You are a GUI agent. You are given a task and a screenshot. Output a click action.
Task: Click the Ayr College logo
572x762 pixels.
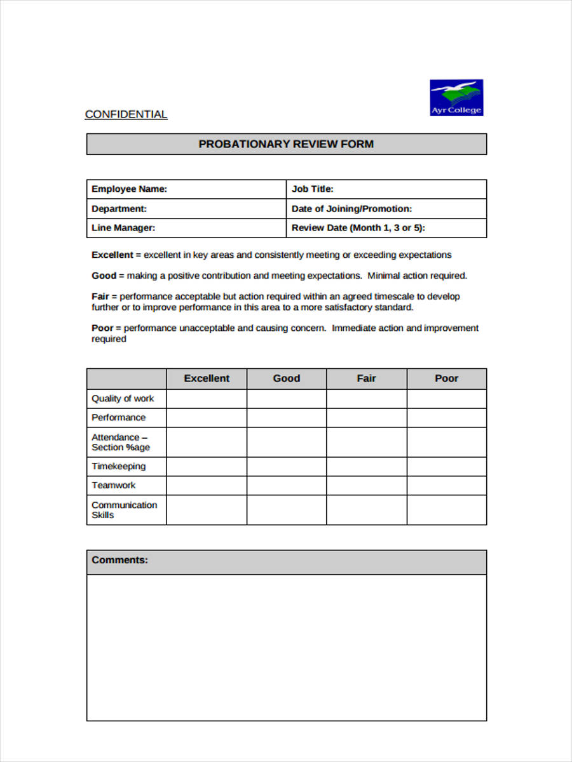(x=456, y=97)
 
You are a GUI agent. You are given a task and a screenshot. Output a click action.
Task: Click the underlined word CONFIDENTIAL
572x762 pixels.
(x=126, y=114)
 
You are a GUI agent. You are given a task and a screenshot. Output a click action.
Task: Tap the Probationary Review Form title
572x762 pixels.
(x=286, y=144)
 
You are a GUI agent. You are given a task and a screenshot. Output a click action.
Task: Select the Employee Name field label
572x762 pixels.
(x=129, y=189)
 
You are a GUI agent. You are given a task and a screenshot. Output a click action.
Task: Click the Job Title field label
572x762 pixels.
(x=312, y=189)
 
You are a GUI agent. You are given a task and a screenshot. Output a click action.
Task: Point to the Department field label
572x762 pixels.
(x=119, y=209)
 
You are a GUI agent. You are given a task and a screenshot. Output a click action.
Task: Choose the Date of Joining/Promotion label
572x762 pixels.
(x=351, y=209)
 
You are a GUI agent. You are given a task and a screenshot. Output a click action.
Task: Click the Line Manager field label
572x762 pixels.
(x=123, y=228)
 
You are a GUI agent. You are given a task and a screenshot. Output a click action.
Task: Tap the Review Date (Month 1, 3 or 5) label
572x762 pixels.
(x=358, y=228)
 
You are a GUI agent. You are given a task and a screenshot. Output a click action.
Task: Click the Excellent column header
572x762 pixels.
(x=207, y=378)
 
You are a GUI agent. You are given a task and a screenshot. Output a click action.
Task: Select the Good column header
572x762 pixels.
(x=287, y=378)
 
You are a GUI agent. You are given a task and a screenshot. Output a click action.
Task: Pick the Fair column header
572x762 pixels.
(x=367, y=378)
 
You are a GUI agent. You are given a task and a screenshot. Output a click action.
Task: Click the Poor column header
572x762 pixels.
(x=447, y=378)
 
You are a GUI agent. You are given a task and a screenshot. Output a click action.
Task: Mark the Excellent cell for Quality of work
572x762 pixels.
(x=207, y=399)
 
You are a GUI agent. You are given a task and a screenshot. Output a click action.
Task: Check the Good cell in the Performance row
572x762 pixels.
(x=287, y=418)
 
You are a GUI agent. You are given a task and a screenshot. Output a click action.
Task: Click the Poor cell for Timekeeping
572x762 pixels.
(x=447, y=467)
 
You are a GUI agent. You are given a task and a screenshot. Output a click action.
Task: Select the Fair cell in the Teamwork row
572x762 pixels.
(x=367, y=486)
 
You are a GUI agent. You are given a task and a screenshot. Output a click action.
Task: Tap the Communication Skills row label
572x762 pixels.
(x=124, y=510)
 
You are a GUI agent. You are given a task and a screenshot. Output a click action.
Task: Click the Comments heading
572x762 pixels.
(x=119, y=560)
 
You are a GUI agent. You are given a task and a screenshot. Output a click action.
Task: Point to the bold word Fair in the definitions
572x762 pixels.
(x=100, y=297)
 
